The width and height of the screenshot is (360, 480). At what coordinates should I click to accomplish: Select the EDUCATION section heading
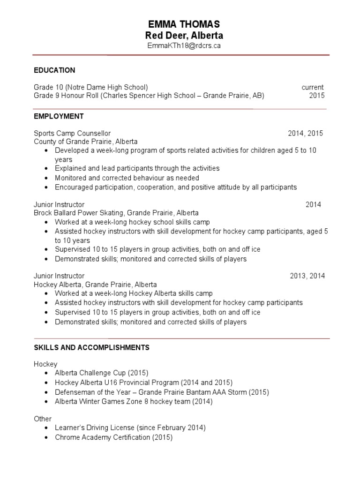pos(54,70)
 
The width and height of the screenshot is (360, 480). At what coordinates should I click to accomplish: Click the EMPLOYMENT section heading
pos(59,116)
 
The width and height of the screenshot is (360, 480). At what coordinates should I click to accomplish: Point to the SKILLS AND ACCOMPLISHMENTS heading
pos(91,347)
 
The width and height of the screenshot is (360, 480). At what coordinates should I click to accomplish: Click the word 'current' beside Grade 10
pos(313,87)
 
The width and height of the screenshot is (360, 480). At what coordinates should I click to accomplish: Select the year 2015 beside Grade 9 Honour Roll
pos(317,96)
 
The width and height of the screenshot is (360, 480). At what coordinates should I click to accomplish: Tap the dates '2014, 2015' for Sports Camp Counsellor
pos(306,134)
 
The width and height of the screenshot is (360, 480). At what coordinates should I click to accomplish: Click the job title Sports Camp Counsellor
pos(72,134)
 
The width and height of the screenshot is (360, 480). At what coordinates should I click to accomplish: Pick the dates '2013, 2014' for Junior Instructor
pos(307,276)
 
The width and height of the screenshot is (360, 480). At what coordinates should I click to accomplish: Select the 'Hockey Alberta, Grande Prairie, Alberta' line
pos(95,285)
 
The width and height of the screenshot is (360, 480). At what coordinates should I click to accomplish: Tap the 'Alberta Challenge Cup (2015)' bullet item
pos(101,373)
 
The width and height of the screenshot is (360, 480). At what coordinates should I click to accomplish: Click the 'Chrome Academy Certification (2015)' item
pos(113,438)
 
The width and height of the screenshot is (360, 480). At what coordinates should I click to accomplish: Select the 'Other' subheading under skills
pos(43,419)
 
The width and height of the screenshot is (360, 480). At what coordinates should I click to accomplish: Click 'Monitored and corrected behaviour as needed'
pos(127,178)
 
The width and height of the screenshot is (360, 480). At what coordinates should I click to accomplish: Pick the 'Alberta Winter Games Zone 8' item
pos(134,402)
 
